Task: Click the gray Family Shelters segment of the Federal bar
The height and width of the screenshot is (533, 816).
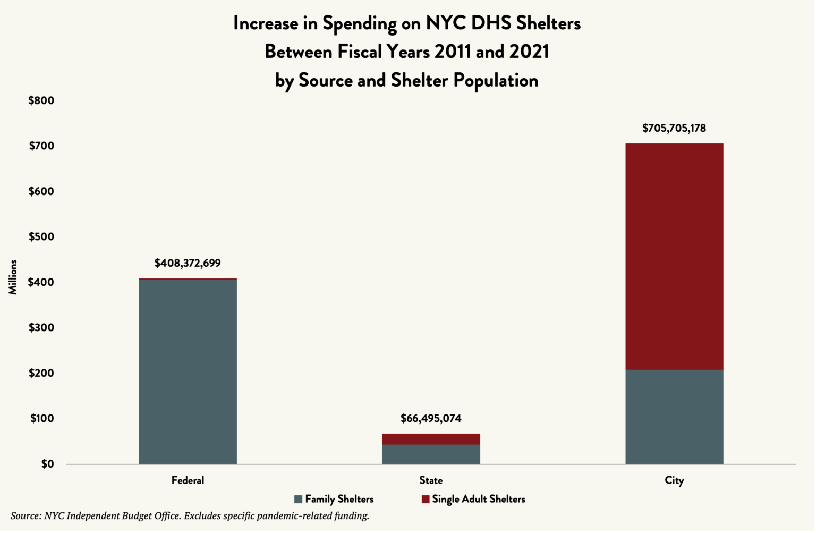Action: pos(188,371)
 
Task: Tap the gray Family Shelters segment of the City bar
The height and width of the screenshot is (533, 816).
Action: pos(674,417)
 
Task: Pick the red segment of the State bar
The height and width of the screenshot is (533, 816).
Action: pos(431,439)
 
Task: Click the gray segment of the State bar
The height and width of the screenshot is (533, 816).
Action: pos(431,454)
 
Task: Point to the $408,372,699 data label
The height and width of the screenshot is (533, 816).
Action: pos(188,263)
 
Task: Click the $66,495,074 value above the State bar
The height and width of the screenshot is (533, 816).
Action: pos(431,418)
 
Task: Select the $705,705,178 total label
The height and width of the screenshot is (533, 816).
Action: pos(674,128)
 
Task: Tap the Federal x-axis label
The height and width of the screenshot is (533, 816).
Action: pos(188,480)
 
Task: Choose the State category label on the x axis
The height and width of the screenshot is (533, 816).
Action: pos(431,480)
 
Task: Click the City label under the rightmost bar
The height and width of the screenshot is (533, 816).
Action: pos(674,480)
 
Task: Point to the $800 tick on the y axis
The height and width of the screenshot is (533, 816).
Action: pos(41,100)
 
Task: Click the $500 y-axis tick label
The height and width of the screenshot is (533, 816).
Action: pos(41,236)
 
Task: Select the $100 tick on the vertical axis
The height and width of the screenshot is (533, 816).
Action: pos(41,418)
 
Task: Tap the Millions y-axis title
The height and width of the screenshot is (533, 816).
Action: pos(13,277)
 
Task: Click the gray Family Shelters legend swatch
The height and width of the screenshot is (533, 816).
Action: pos(298,500)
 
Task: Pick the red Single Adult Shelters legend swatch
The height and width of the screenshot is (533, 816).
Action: pos(425,500)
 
